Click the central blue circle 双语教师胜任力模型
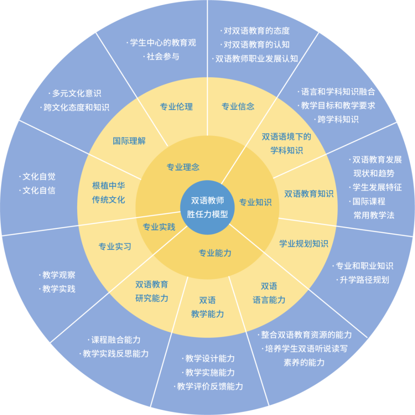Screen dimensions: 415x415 [x=207, y=207]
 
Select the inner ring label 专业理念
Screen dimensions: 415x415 [x=183, y=167]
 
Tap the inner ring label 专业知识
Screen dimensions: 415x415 [x=255, y=203]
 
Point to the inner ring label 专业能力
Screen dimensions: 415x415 [x=215, y=253]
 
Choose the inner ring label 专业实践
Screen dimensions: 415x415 [x=159, y=227]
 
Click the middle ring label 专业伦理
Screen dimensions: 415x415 [x=176, y=107]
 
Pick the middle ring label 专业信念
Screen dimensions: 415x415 [x=238, y=107]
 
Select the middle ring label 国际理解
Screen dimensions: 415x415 [x=129, y=141]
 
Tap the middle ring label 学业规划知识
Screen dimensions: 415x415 [x=304, y=244]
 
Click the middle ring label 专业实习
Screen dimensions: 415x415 [x=115, y=247]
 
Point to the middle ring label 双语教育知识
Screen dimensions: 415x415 [x=309, y=193]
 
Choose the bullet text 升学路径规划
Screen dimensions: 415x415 [x=364, y=280]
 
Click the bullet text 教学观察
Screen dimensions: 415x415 [x=59, y=275]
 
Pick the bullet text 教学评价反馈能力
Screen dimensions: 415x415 [x=209, y=386]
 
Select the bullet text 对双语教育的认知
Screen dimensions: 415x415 [x=256, y=44]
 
